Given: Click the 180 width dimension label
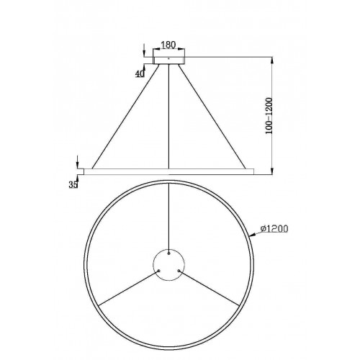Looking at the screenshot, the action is pyautogui.click(x=168, y=45).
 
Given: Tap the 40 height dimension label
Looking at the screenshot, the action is pyautogui.click(x=140, y=74).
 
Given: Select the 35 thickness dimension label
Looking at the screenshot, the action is pyautogui.click(x=73, y=184).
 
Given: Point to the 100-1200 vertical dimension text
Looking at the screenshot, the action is pyautogui.click(x=269, y=116).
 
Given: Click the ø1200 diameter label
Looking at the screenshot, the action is pyautogui.click(x=274, y=229).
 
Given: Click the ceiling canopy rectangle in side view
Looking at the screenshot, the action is pyautogui.click(x=169, y=60).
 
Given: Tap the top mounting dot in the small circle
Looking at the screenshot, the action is pyautogui.click(x=169, y=253).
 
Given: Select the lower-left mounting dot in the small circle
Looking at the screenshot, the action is pyautogui.click(x=158, y=271).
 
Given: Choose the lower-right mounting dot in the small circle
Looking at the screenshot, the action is pyautogui.click(x=179, y=271).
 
